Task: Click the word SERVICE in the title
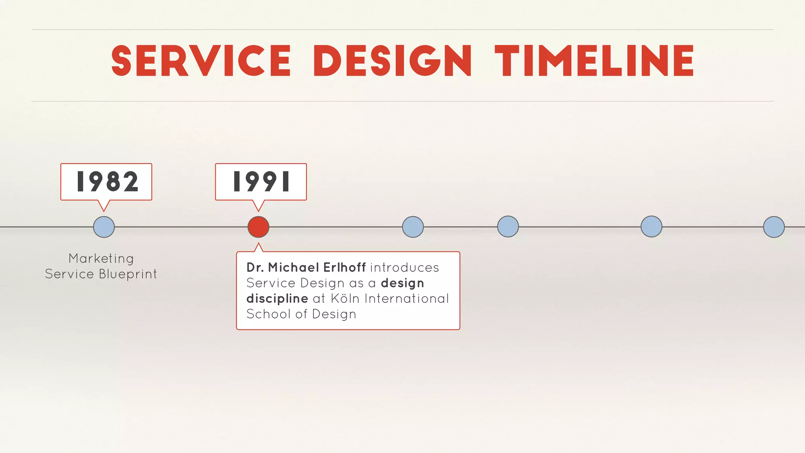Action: [x=201, y=61]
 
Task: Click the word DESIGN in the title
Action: [x=392, y=61]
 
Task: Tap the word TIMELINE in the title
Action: [x=594, y=61]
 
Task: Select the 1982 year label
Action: [x=107, y=182]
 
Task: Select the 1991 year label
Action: [x=261, y=182]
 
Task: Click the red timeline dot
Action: [x=258, y=227]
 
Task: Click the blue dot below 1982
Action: [x=104, y=227]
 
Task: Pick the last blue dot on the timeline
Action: [x=774, y=227]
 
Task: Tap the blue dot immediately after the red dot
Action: [x=413, y=227]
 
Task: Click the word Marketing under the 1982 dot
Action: [x=101, y=258]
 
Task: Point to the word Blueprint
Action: [x=128, y=274]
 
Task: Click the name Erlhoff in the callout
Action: [x=344, y=267]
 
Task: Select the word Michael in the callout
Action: [x=293, y=267]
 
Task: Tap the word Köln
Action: [x=345, y=298]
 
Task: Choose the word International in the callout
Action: [x=406, y=298]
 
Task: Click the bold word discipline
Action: [x=277, y=299]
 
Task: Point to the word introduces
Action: [x=404, y=267]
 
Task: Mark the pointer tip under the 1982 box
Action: [x=104, y=211]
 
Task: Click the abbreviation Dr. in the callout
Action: [x=255, y=267]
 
